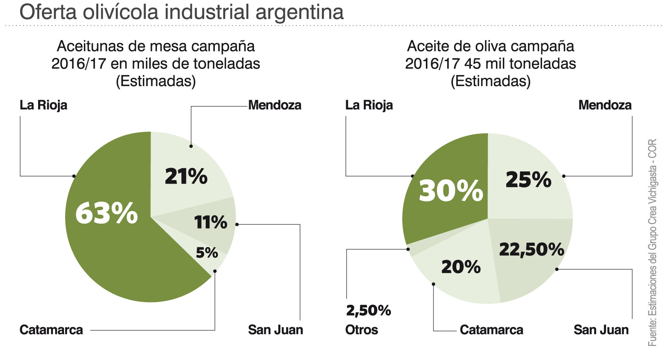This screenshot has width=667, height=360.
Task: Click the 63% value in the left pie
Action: [x=106, y=213]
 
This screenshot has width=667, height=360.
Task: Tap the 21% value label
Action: [x=186, y=176]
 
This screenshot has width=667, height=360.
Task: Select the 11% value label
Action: [x=210, y=222]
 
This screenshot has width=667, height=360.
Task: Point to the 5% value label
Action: [x=207, y=253]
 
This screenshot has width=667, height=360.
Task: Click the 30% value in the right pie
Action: [x=451, y=190]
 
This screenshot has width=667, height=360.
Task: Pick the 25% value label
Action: [x=528, y=179]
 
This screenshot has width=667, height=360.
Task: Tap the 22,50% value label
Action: [x=531, y=250]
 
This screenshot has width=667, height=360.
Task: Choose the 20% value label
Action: [x=461, y=267]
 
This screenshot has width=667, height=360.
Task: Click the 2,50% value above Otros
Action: [x=368, y=310]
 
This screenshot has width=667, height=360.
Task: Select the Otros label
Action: [x=361, y=330]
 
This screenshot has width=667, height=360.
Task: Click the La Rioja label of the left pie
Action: [x=43, y=105]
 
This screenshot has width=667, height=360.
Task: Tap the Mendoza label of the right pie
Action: [x=605, y=105]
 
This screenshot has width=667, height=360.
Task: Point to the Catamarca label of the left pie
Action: [x=51, y=330]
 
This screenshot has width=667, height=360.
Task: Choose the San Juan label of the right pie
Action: [x=601, y=330]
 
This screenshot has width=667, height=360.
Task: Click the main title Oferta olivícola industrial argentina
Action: [x=182, y=12]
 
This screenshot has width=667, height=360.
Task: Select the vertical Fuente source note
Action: [x=652, y=242]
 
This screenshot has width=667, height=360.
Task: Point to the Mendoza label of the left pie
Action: [x=275, y=105]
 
